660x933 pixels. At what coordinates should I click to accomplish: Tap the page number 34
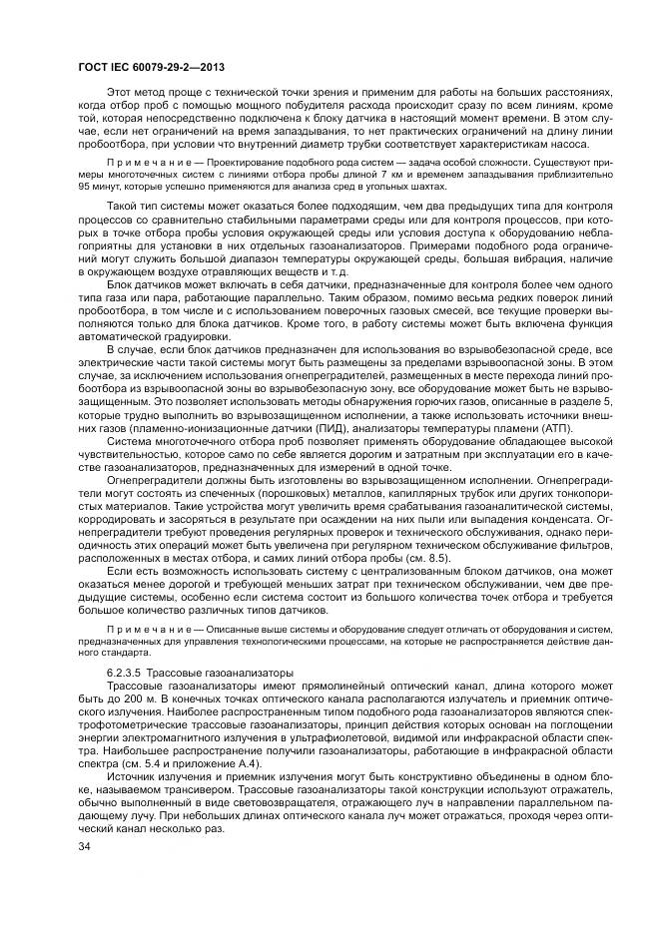(84, 847)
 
